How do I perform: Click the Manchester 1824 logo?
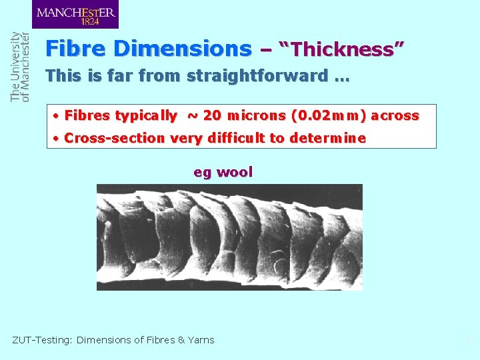pos(75,14)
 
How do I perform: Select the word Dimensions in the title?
pos(182,49)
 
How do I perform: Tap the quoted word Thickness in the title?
pos(342,49)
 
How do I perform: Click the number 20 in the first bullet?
pos(212,116)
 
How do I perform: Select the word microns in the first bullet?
pos(256,116)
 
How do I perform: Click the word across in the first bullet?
pos(395,116)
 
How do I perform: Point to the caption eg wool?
pos(223,172)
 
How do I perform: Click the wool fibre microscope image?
pos(229,237)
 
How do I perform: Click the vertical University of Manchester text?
pos(20,66)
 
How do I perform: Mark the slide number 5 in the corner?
pos(468,341)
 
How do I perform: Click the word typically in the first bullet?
pos(146,116)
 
